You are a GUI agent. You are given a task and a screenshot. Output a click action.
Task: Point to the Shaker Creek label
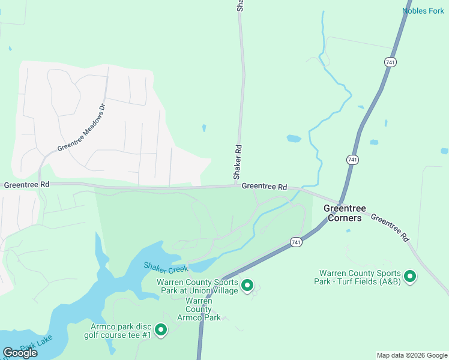[165, 266]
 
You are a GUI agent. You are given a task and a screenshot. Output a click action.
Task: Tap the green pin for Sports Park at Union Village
[247, 286]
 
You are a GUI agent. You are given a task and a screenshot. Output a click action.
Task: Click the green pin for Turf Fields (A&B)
[410, 277]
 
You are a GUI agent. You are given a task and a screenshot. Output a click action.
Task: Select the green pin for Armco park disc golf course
[161, 330]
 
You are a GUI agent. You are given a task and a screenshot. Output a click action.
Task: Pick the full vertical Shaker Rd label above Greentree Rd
[238, 162]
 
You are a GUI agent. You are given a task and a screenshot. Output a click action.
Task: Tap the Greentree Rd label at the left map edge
[26, 185]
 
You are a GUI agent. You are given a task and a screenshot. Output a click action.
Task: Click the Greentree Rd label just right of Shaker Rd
[264, 187]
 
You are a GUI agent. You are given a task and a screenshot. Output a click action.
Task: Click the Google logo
[20, 352]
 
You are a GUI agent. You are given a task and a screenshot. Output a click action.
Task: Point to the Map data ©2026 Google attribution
[411, 355]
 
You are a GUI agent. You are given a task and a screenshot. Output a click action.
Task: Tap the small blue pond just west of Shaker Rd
[204, 128]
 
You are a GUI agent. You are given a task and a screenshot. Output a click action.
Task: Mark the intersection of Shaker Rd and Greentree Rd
[239, 186]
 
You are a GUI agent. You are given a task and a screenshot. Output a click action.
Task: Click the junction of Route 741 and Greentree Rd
[339, 203]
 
